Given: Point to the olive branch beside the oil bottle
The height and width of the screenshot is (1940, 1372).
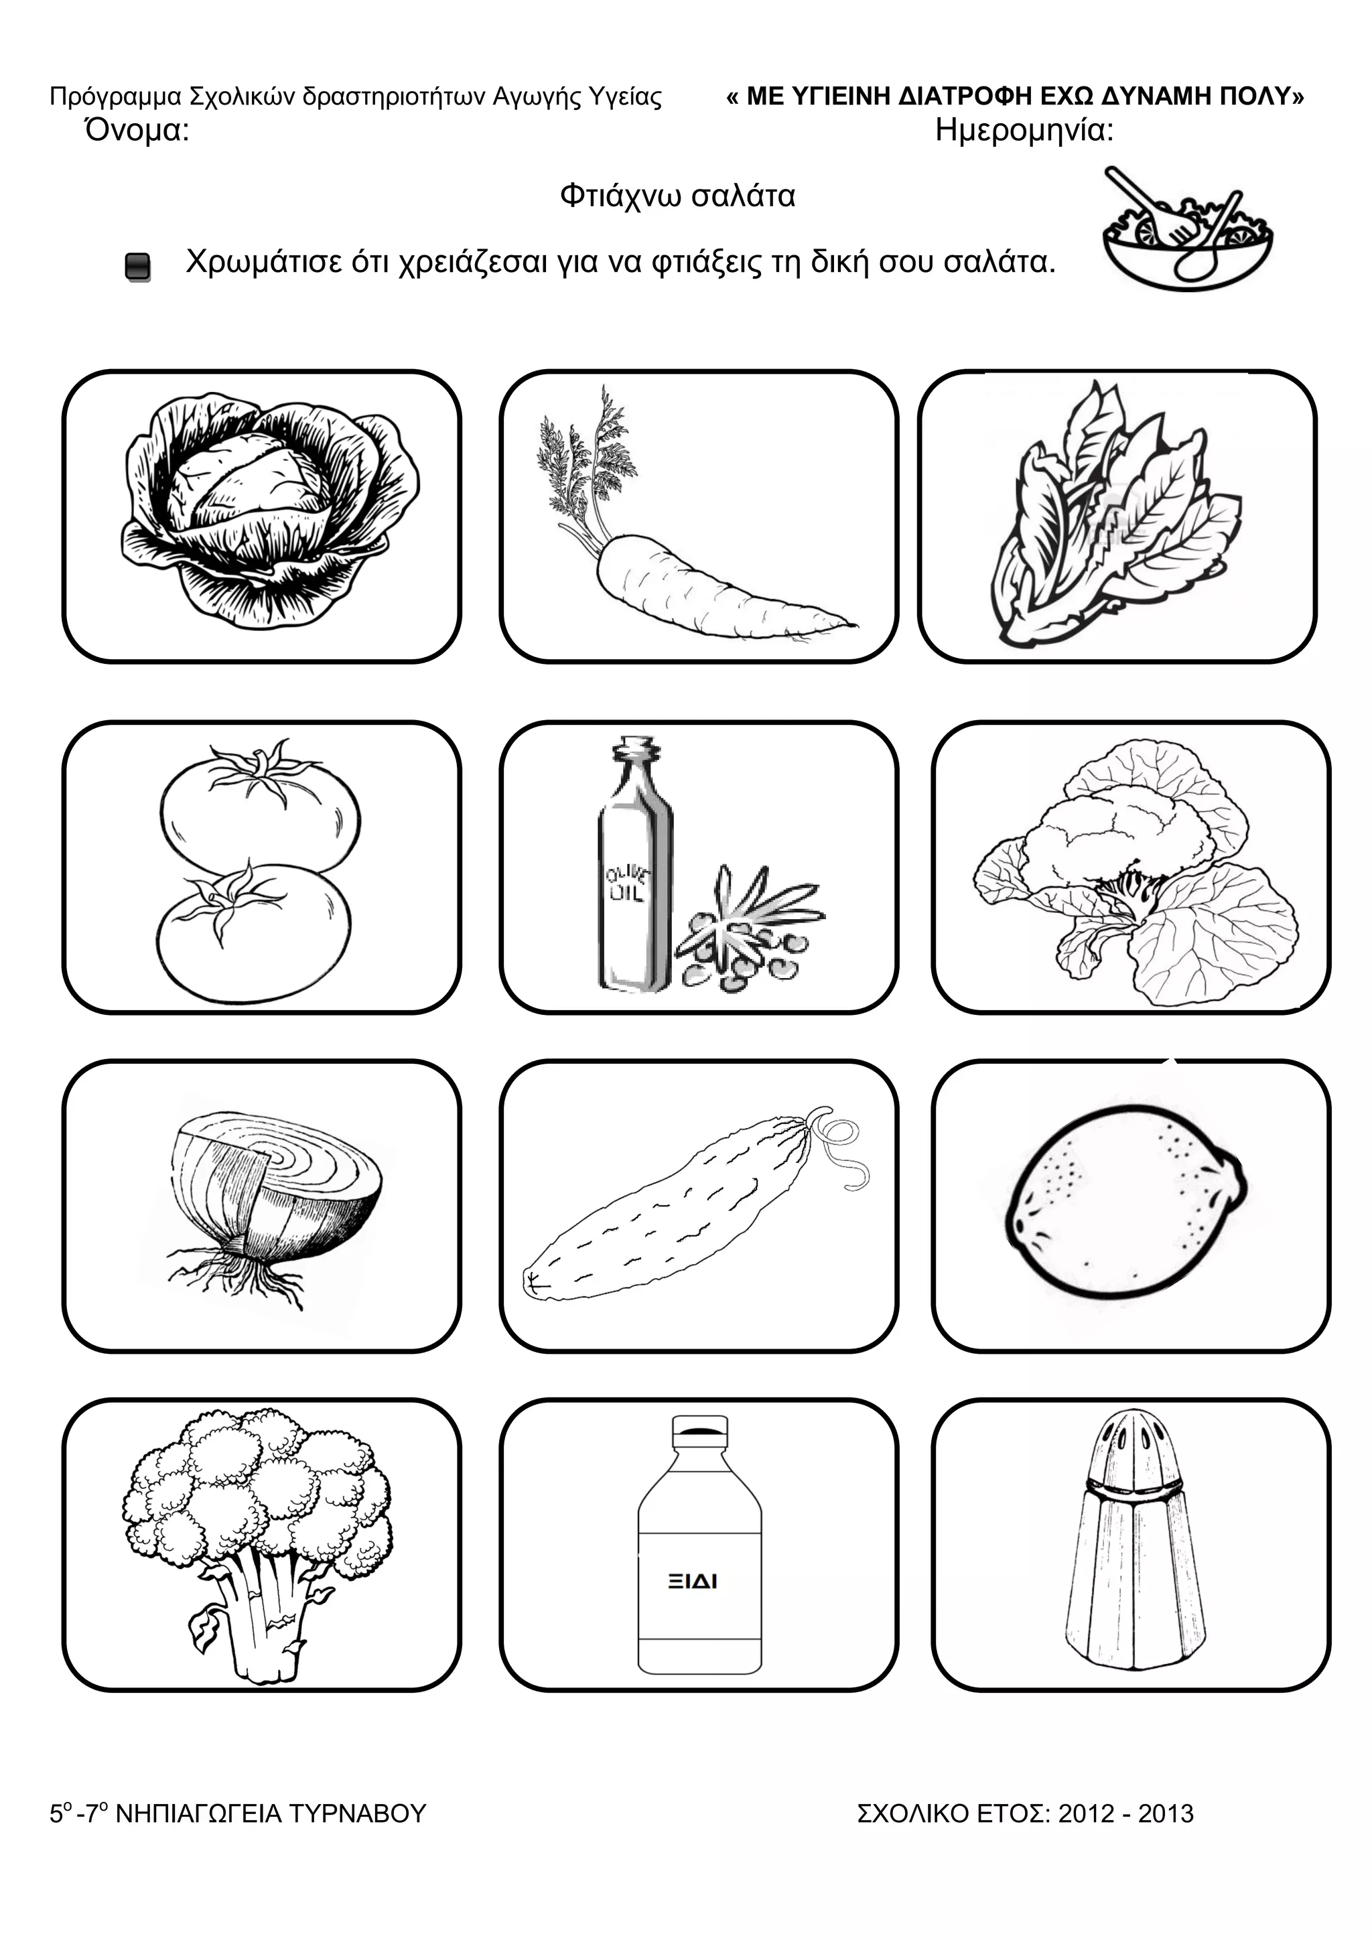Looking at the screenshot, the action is tap(748, 928).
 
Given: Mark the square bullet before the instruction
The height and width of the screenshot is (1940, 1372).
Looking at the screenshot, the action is tap(138, 267).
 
